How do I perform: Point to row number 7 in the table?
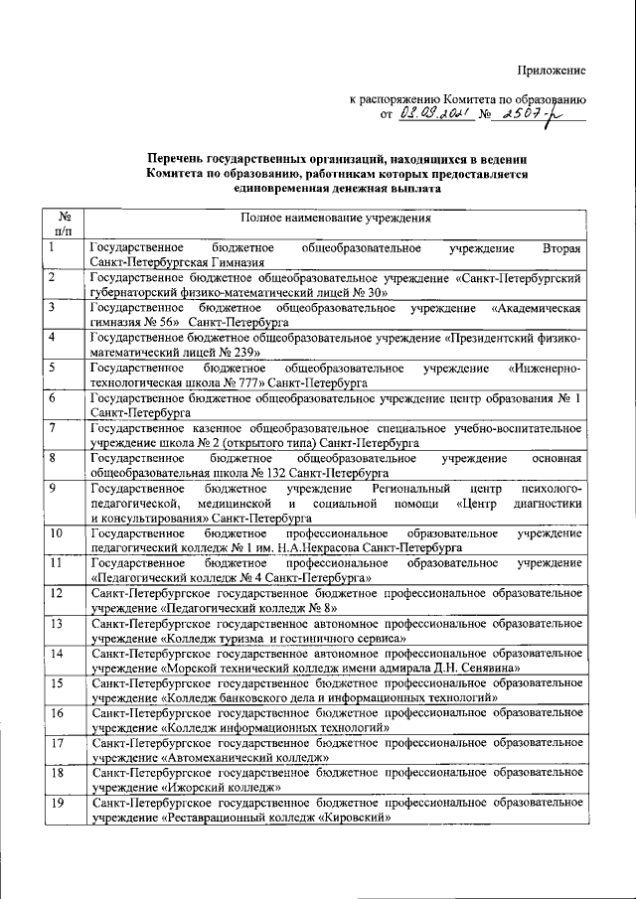[51, 427]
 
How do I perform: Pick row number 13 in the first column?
[57, 623]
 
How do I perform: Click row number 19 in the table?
[57, 802]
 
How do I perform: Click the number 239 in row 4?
[246, 352]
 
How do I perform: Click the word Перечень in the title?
[177, 159]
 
